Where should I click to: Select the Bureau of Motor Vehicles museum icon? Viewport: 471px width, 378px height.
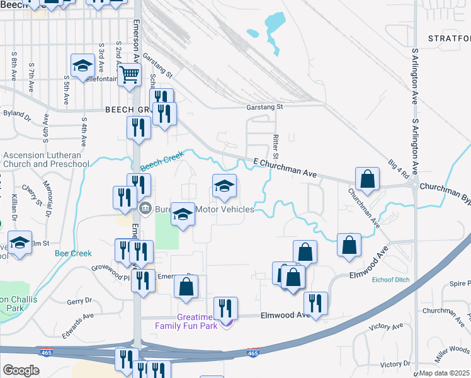tap(145, 209)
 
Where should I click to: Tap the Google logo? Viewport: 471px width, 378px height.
tap(21, 370)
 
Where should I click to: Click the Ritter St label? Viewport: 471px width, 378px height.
tap(275, 146)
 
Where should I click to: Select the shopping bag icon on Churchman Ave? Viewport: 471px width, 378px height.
tap(367, 180)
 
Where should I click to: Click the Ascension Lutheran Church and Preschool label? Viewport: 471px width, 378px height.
tap(46, 160)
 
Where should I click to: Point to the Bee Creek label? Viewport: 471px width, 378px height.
tap(73, 253)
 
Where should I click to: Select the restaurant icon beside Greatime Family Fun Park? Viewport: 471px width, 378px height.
tap(225, 308)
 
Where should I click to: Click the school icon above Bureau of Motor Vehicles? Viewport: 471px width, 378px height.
tap(224, 186)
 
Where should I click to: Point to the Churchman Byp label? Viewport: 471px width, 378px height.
tap(445, 187)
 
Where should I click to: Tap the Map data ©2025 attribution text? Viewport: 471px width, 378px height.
tap(445, 373)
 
